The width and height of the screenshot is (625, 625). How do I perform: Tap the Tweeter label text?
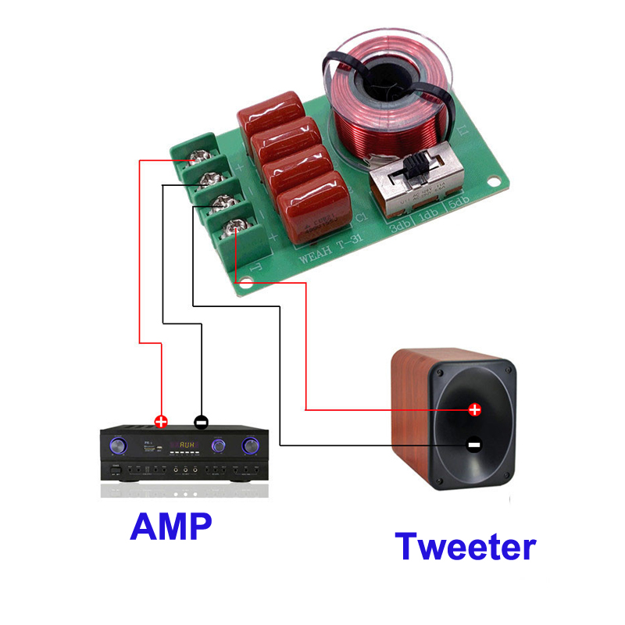point(466,546)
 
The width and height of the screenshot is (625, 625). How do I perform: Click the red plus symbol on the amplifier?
point(162,422)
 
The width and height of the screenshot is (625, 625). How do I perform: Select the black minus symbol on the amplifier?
point(201,421)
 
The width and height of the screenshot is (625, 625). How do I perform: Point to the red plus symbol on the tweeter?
point(474,409)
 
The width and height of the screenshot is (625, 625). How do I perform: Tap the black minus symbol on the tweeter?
point(473,445)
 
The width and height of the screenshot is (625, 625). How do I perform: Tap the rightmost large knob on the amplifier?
point(251,445)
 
